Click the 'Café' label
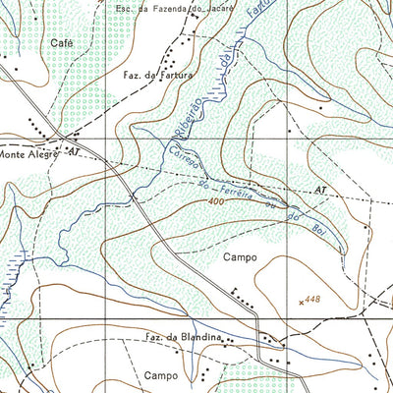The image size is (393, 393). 61,44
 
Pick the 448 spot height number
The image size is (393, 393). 313,299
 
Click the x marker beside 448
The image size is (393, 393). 301,302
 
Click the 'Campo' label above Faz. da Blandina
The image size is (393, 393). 240,257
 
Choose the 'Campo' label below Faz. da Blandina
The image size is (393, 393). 159,375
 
